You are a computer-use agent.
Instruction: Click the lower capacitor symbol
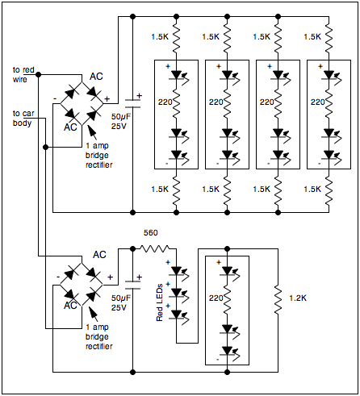click(x=132, y=283)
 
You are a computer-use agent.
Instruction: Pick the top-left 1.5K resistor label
click(x=161, y=36)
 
